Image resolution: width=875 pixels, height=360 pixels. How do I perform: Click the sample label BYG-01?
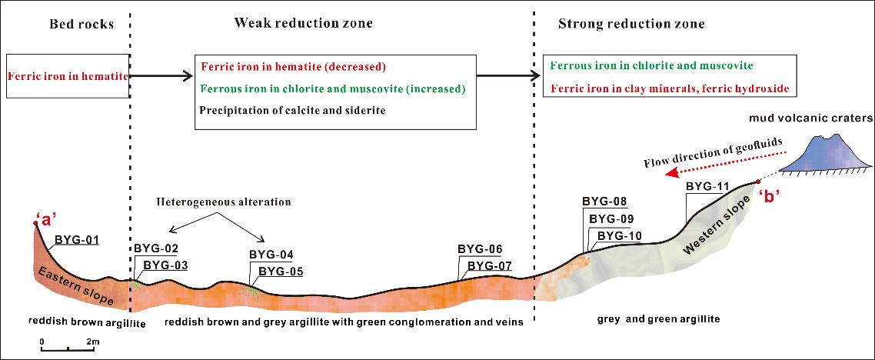tap(76, 241)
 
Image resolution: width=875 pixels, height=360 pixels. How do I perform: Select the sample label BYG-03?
tap(165, 265)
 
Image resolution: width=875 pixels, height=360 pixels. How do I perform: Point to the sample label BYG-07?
tap(488, 265)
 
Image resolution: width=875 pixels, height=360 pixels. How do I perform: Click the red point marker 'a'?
tap(35, 223)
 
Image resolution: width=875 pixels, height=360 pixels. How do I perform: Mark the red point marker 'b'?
tap(758, 182)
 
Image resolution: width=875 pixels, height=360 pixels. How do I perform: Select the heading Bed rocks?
tap(82, 24)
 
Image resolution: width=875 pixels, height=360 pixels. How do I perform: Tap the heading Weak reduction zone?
tap(303, 23)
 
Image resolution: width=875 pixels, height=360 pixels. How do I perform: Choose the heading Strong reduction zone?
tap(631, 24)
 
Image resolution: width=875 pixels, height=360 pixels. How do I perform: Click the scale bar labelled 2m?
tap(68, 348)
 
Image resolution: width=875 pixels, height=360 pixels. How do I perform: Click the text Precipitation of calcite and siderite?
tap(293, 111)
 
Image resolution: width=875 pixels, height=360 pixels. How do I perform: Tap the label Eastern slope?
tap(76, 286)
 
